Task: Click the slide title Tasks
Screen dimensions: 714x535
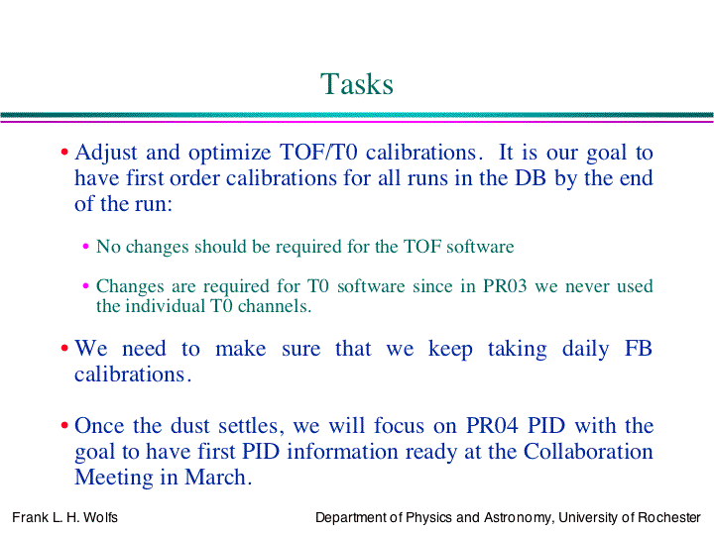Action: click(357, 84)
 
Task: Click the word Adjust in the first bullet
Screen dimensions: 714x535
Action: click(106, 154)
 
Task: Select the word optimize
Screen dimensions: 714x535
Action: click(229, 154)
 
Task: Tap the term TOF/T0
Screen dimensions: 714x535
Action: click(318, 153)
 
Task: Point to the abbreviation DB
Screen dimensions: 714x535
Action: click(530, 178)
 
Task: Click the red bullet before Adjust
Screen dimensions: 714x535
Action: click(64, 153)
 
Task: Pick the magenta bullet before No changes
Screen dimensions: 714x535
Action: click(85, 247)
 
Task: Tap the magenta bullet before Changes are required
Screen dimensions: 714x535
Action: click(85, 286)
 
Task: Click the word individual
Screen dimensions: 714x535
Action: click(165, 306)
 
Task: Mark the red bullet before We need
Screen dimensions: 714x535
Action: click(64, 349)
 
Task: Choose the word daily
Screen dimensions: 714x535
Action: click(585, 350)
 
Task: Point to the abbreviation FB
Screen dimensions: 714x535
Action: click(639, 349)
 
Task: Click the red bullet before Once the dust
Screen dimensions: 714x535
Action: click(64, 426)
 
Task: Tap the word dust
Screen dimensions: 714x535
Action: click(190, 426)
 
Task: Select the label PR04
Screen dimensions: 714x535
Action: click(492, 426)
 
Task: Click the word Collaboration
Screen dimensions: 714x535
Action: click(588, 452)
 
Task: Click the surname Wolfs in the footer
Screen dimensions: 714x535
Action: click(100, 518)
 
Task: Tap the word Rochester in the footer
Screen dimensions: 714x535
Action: click(669, 518)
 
